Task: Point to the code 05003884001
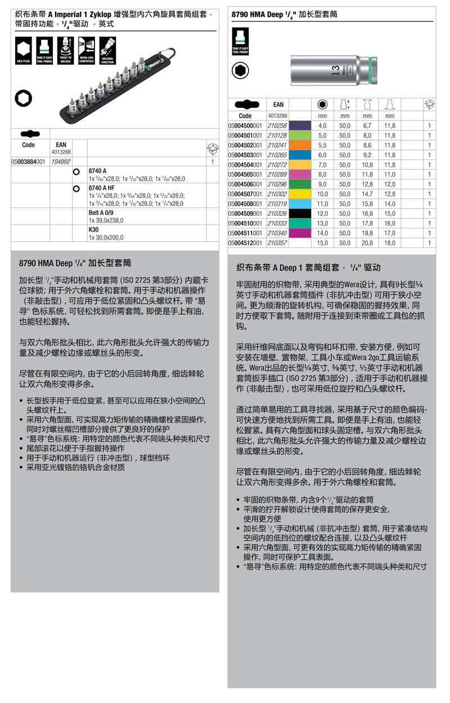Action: [28, 161]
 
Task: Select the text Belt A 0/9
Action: [101, 213]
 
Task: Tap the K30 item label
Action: [93, 230]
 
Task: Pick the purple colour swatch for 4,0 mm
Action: [300, 126]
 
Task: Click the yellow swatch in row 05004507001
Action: [300, 194]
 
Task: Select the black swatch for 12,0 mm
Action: [300, 214]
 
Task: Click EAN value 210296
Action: [276, 184]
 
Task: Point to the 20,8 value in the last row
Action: [367, 243]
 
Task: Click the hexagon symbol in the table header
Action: [322, 105]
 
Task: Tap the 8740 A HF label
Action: [101, 187]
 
